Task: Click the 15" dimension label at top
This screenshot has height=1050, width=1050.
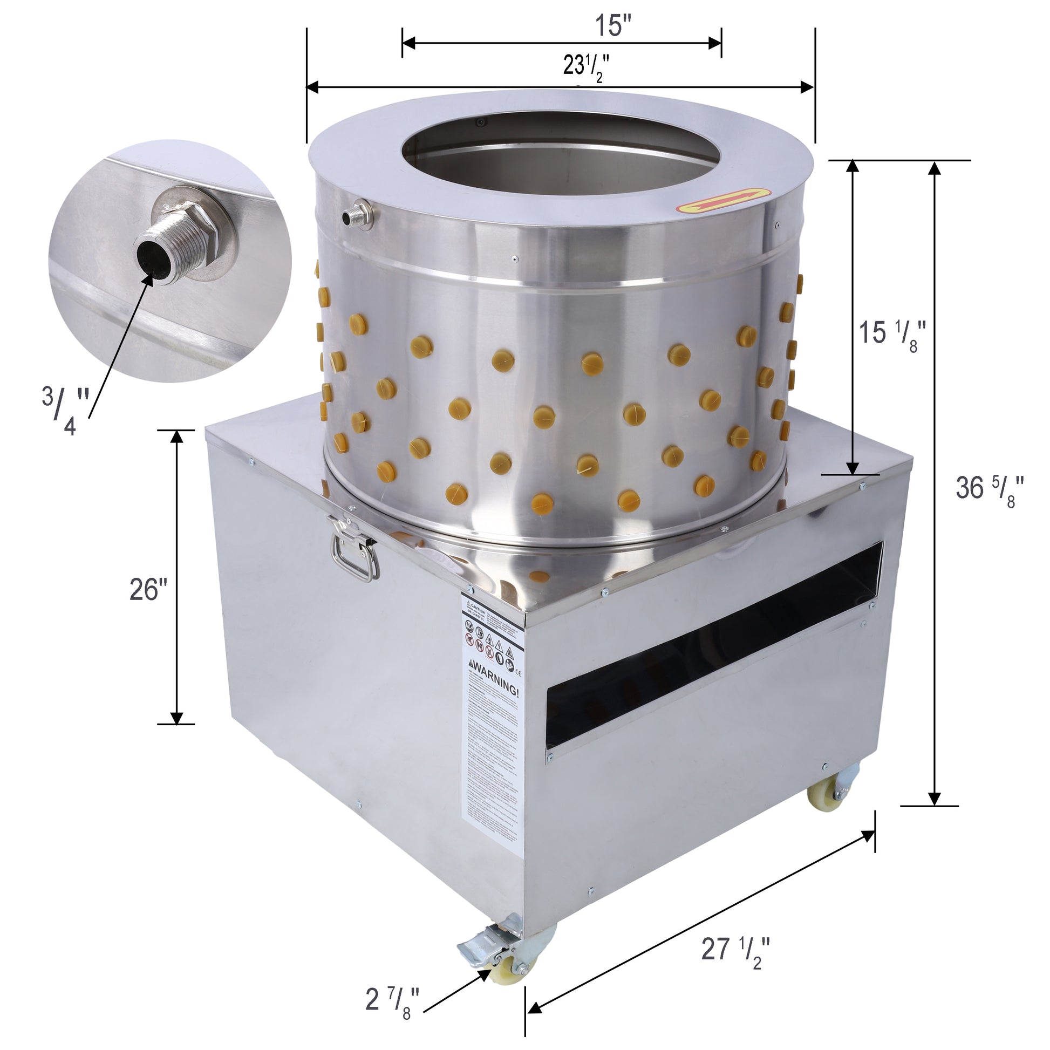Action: (612, 25)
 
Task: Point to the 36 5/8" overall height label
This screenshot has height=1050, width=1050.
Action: (989, 489)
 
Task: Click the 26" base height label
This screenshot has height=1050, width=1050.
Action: (148, 589)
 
